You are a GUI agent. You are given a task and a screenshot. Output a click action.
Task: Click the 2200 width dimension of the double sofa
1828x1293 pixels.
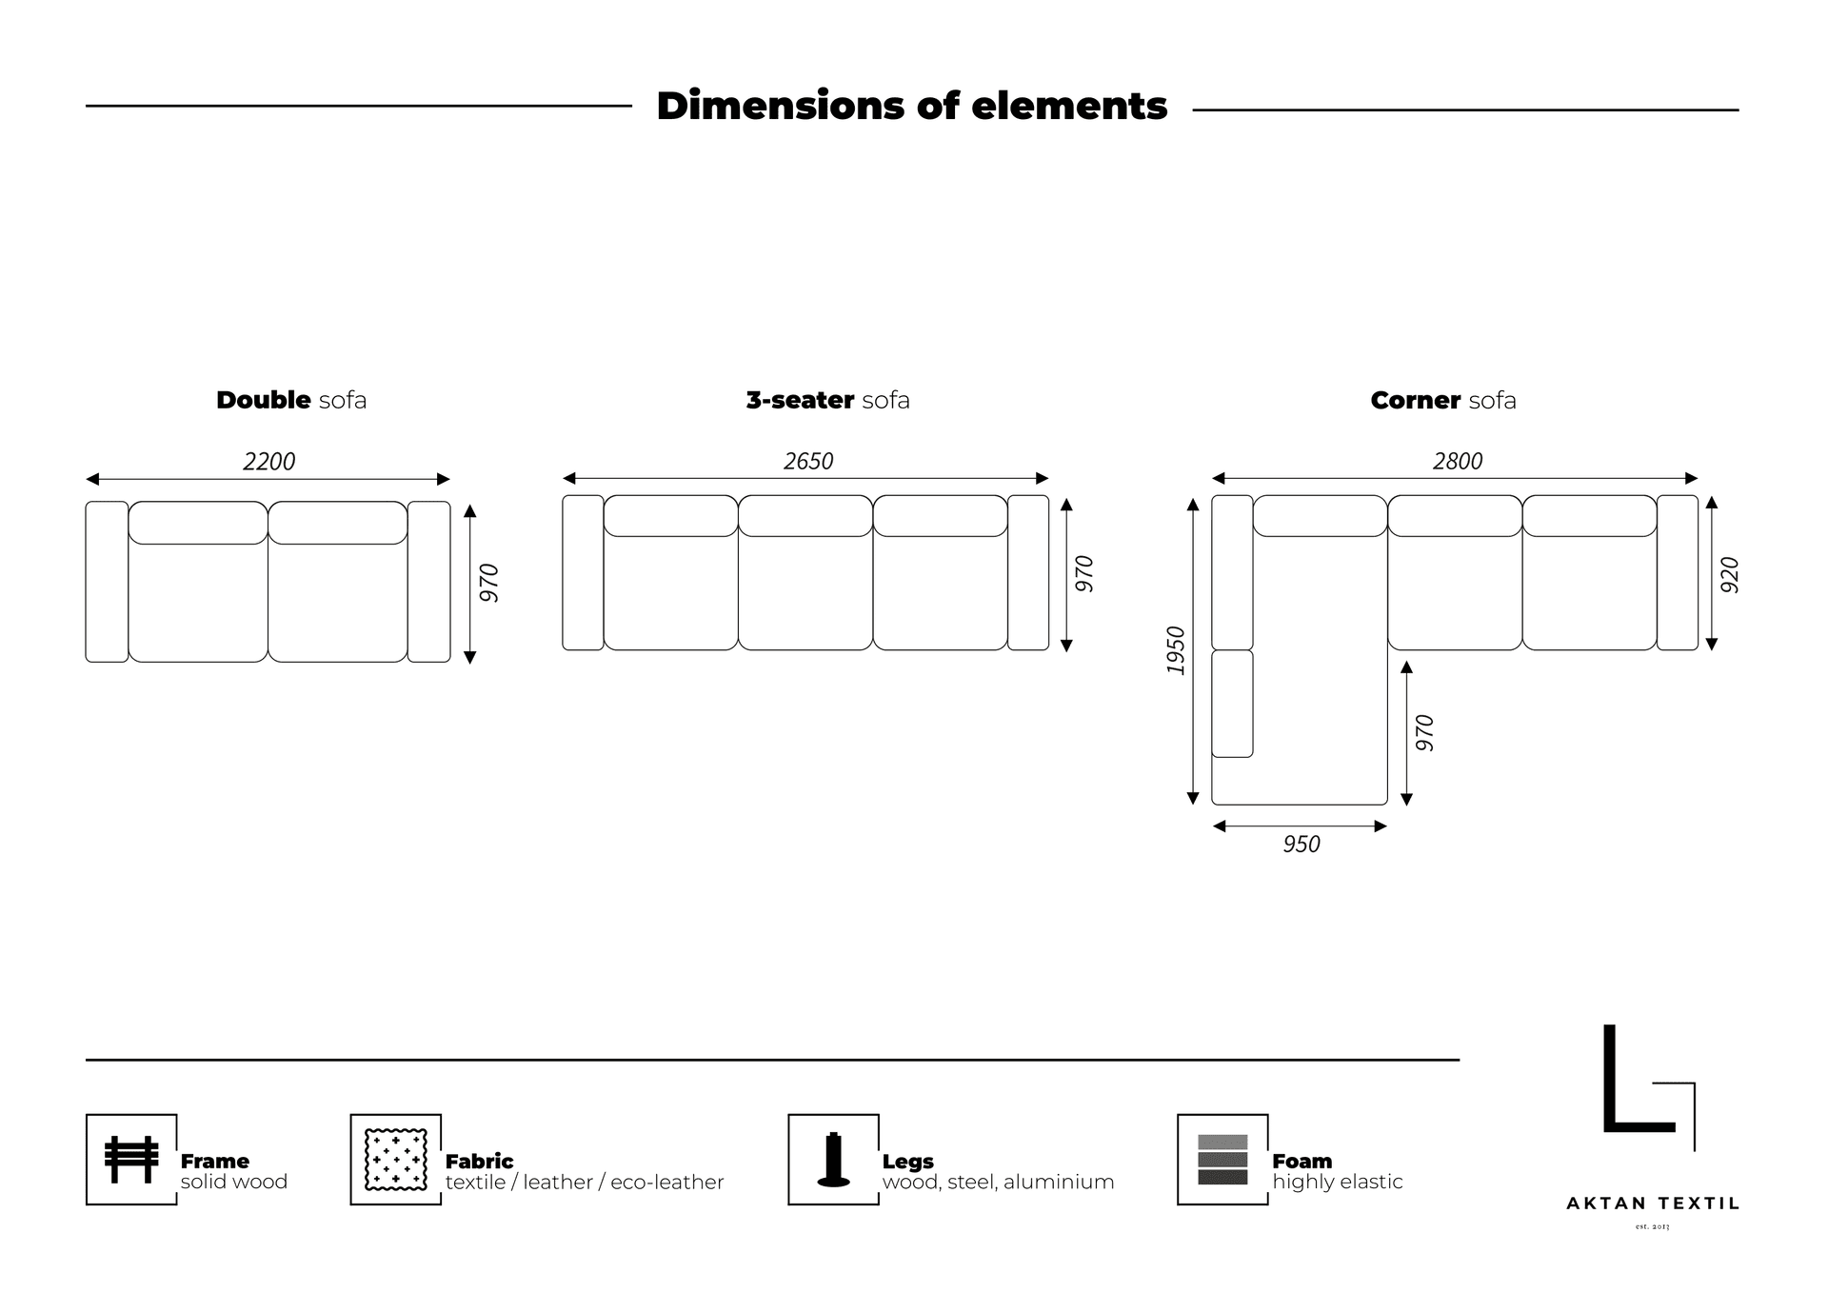(269, 462)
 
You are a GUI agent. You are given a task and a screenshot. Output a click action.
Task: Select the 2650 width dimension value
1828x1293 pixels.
(808, 462)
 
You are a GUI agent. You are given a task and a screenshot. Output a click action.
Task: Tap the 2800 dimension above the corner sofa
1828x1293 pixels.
(1458, 462)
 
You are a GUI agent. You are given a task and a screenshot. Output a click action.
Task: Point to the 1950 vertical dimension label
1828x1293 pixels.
(1176, 650)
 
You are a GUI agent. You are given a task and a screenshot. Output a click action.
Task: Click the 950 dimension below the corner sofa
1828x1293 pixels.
(1301, 845)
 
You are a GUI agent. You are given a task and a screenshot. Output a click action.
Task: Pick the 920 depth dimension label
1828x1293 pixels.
(1730, 575)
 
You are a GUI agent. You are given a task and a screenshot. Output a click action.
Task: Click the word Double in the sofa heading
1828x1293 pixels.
(264, 400)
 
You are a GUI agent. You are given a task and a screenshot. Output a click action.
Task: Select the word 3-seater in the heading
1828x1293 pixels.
(800, 400)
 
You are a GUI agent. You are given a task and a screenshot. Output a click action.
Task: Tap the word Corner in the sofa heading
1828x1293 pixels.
(1416, 400)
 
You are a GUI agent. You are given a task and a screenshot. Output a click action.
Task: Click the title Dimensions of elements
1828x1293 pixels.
(912, 106)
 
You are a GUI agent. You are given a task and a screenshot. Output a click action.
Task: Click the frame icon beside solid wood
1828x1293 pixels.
(131, 1160)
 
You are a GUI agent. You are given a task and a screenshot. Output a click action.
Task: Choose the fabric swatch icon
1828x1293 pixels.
(396, 1160)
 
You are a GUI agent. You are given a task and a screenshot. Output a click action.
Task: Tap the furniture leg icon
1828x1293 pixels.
(833, 1160)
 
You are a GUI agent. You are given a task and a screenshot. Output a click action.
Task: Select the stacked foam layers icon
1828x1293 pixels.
(1222, 1160)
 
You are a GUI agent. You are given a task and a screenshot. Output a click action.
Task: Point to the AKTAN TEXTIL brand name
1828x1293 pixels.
(1653, 1203)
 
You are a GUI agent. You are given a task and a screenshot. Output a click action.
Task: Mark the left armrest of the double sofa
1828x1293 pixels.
(107, 582)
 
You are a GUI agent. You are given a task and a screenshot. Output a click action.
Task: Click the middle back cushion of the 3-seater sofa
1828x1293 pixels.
(805, 516)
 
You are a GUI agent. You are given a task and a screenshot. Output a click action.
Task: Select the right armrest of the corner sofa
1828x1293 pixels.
(1678, 572)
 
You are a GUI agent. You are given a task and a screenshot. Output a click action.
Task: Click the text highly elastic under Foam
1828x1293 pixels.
(1338, 1183)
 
